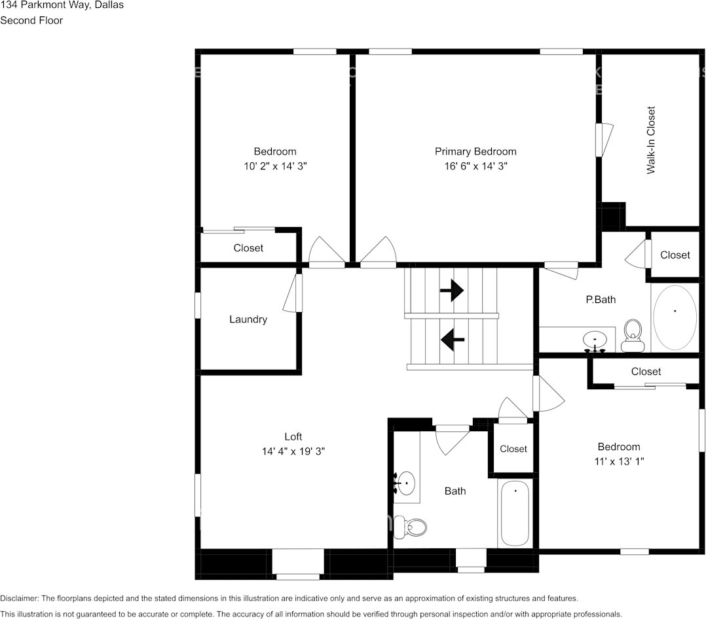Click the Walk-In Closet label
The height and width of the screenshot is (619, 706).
(651, 140)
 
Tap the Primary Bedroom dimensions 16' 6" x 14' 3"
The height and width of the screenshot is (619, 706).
(475, 166)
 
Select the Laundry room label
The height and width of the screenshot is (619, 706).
(248, 319)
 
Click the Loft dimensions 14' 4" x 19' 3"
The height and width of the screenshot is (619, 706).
(293, 451)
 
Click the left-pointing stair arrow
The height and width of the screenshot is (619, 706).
(452, 340)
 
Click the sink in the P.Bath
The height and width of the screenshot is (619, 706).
(595, 340)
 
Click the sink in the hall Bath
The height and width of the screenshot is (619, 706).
(407, 484)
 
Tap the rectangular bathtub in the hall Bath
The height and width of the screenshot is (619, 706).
(515, 513)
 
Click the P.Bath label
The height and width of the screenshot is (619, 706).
(601, 300)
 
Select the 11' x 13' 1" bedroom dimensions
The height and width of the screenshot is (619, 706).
(618, 461)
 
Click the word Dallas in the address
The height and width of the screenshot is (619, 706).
(109, 5)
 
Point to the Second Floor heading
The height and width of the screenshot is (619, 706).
(31, 20)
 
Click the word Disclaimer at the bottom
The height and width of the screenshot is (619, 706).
(20, 598)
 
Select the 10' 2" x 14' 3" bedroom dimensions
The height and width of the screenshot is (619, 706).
(274, 166)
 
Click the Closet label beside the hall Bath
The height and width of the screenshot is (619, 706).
(513, 449)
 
